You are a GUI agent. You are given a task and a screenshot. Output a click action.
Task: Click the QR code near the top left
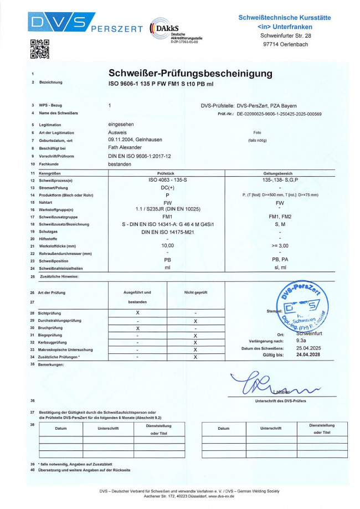39,49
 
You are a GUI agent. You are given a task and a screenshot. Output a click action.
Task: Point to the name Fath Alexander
125,148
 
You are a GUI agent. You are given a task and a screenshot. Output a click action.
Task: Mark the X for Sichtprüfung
137,313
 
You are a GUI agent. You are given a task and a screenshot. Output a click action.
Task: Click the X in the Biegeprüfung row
195,335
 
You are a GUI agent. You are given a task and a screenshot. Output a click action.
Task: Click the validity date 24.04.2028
308,354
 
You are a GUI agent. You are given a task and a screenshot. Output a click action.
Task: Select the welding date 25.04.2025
308,348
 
